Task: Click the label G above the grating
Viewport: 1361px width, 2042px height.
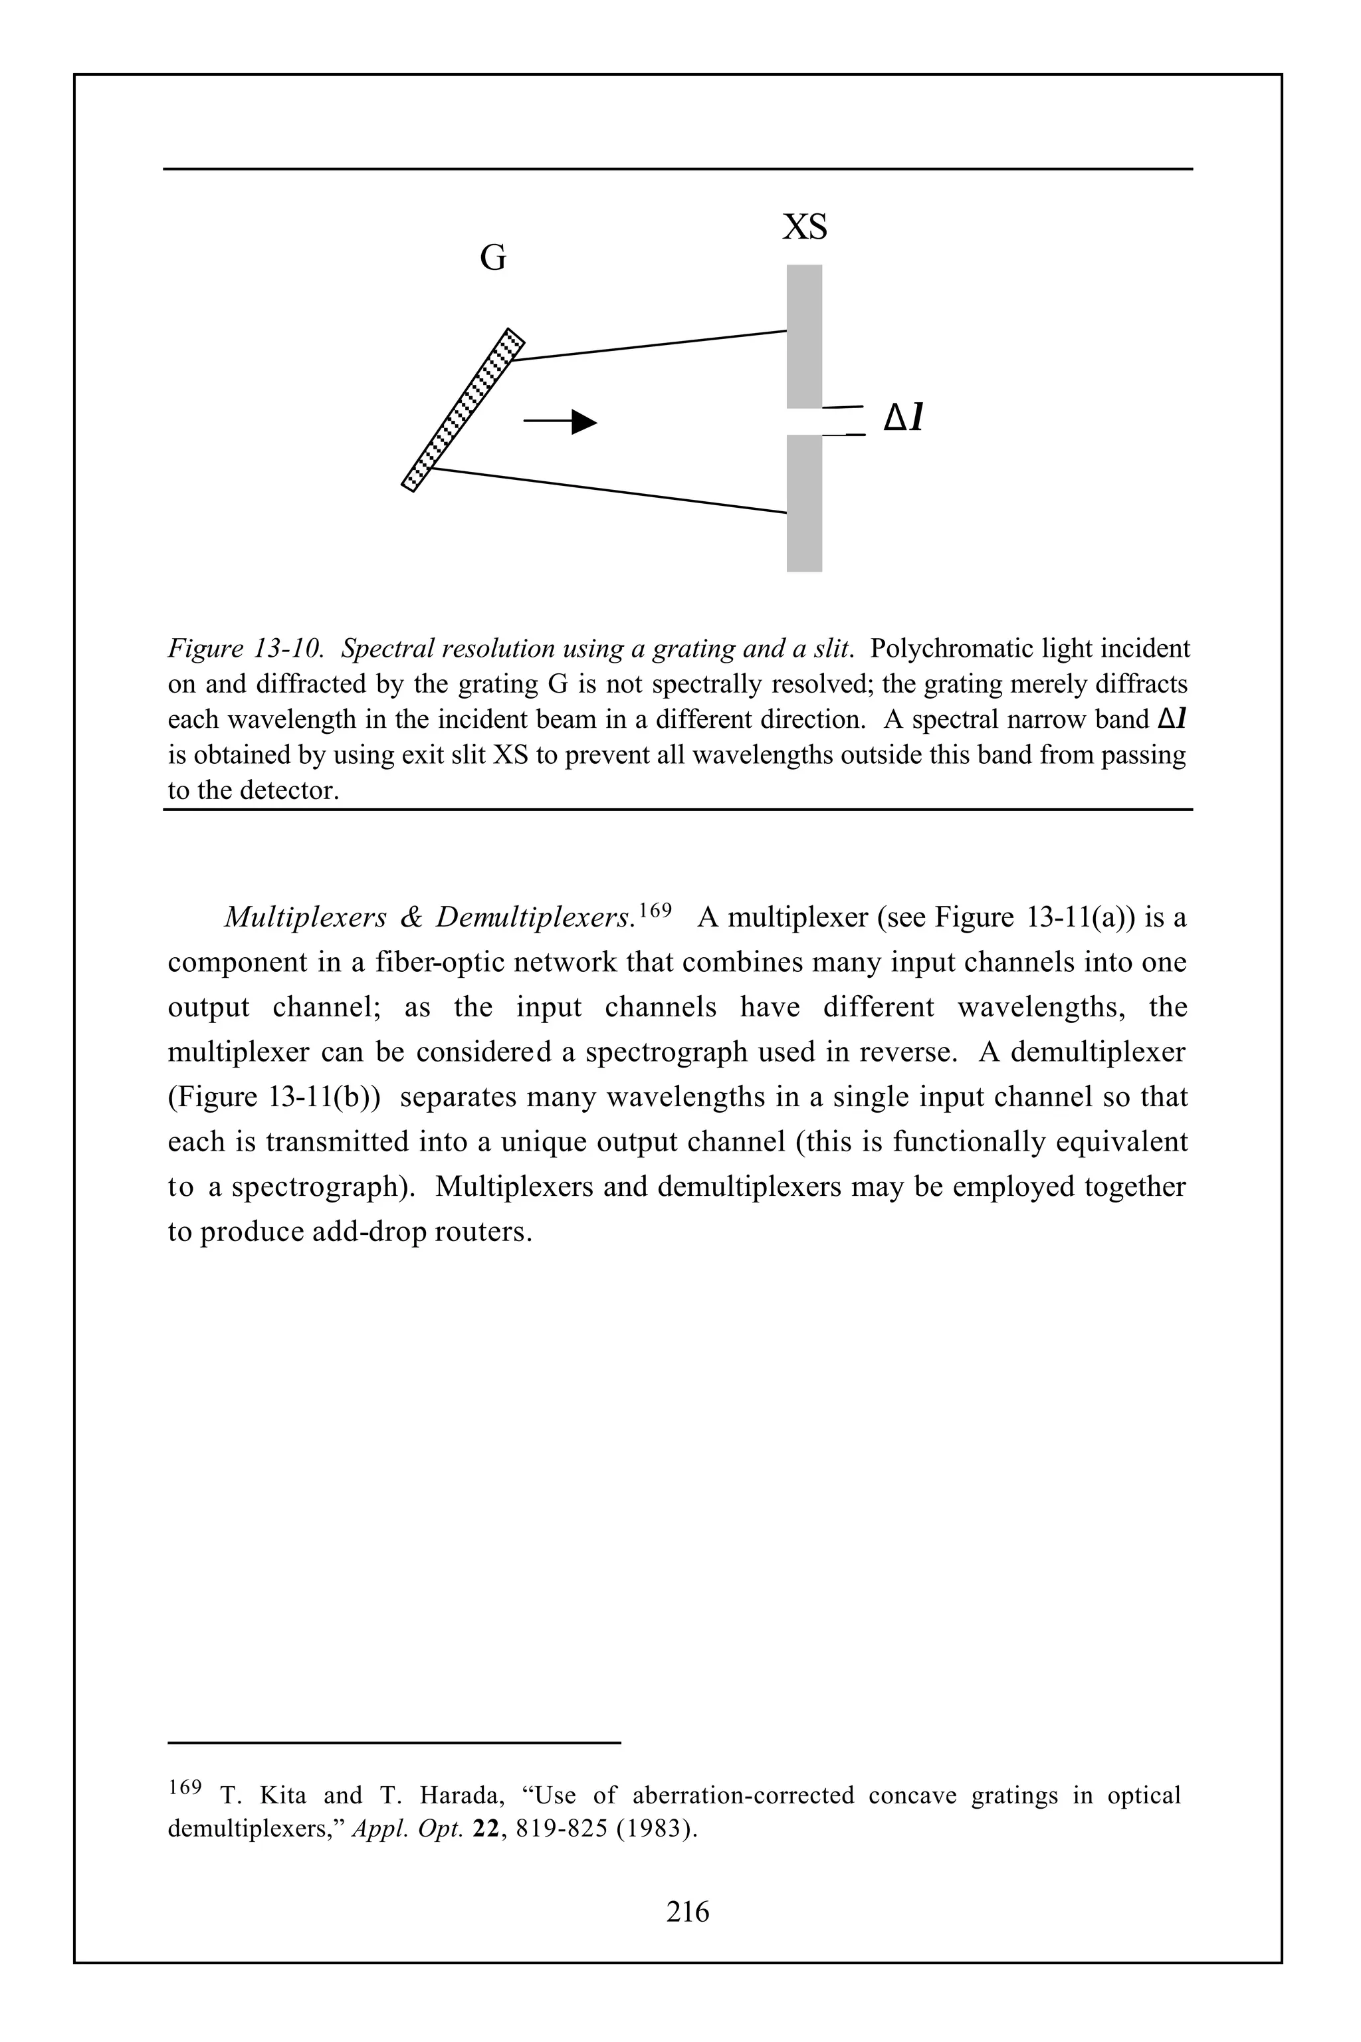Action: [493, 258]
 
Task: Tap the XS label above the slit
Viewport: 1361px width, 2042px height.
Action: [805, 227]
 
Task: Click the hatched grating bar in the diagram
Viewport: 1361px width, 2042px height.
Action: [463, 409]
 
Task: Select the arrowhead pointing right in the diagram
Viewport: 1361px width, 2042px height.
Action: [584, 422]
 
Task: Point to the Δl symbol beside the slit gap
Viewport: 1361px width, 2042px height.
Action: [902, 419]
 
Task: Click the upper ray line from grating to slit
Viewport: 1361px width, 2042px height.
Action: [651, 345]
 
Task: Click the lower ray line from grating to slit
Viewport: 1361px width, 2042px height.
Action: [607, 491]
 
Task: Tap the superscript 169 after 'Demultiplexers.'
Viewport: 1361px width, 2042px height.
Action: [656, 910]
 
